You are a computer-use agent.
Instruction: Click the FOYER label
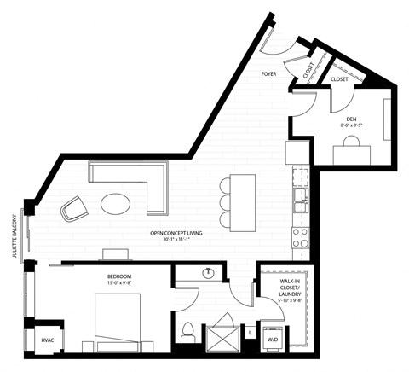pyautogui.click(x=272, y=74)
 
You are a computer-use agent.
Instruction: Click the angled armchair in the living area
pyautogui.click(x=72, y=207)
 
